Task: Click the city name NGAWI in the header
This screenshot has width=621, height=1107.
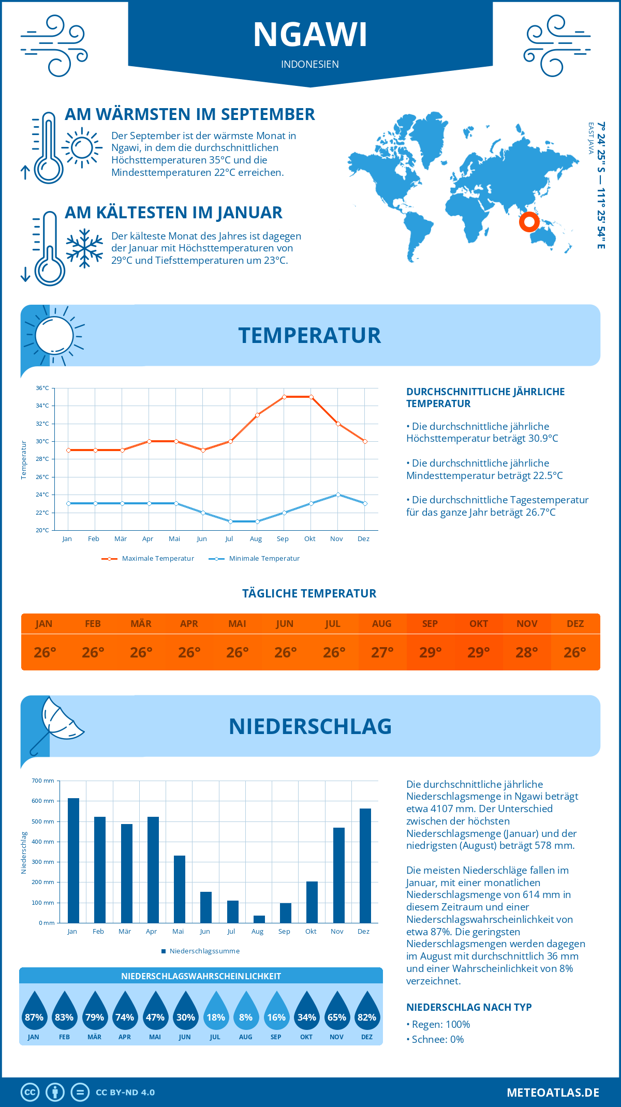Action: coord(310,35)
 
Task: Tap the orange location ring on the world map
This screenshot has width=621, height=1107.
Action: coord(529,222)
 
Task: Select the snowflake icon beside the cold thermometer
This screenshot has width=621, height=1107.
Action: coord(84,248)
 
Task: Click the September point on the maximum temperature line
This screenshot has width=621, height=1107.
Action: coord(284,397)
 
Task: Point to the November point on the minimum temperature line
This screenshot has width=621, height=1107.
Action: coord(338,495)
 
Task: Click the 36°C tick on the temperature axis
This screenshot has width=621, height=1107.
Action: coord(42,388)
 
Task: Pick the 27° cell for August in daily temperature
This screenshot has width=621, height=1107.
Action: coord(382,652)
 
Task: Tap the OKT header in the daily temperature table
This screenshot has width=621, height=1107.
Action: coord(478,624)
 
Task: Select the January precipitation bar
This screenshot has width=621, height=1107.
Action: coord(73,861)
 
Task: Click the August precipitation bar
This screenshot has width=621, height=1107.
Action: coord(259,919)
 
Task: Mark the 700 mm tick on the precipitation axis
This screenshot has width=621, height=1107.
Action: coord(43,781)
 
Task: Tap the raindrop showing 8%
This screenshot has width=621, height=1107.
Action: coord(246,1014)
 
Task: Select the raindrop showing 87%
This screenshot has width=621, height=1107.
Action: coord(34,1014)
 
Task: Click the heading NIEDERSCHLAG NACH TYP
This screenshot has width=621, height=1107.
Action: coord(469,1007)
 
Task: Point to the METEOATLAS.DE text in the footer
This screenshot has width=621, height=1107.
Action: coord(553,1093)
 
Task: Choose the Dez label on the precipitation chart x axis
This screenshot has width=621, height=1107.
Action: coord(363,932)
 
